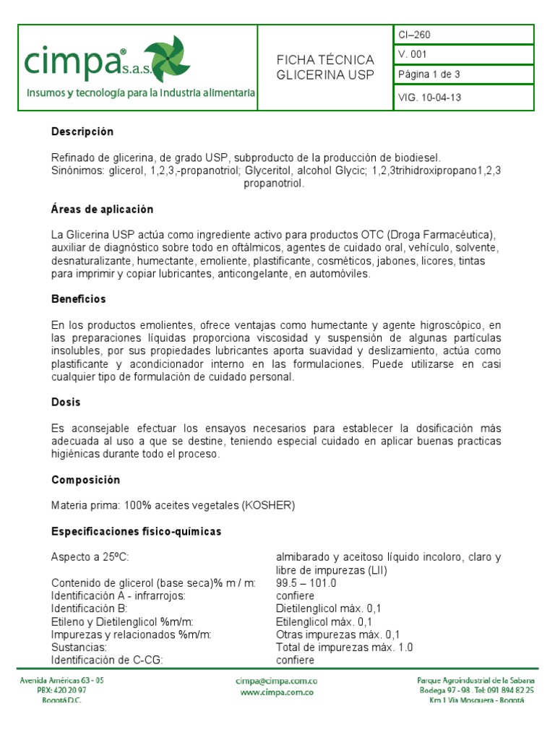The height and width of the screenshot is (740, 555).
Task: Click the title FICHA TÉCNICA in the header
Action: tap(325, 60)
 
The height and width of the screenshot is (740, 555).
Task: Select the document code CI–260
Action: tap(414, 35)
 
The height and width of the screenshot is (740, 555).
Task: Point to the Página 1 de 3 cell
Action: tap(429, 74)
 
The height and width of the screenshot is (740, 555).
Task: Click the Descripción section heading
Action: tap(82, 132)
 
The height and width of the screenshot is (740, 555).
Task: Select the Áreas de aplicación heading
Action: tap(103, 210)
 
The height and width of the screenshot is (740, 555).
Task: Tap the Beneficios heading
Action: tap(79, 299)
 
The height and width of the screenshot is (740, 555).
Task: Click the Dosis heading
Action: tap(66, 402)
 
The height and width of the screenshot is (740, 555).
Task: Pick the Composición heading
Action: tap(85, 480)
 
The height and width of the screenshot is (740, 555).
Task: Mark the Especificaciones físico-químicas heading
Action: tap(136, 532)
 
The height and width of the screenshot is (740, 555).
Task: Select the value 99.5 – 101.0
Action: tap(306, 583)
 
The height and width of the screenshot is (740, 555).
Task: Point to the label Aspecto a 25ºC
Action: tap(90, 557)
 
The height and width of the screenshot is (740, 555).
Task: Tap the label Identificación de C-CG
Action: tap(108, 661)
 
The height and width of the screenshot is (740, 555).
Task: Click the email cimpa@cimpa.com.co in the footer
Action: tap(277, 681)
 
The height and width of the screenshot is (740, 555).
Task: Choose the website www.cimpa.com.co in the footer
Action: tap(277, 692)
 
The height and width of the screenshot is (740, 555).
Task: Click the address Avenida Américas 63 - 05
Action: tap(61, 681)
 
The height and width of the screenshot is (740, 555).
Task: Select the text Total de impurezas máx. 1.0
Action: tap(344, 647)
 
